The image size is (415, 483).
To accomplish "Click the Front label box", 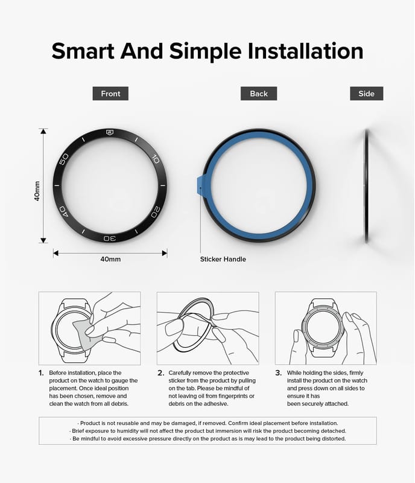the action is pos(110,94).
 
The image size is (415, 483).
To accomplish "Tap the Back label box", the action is pos(259,94).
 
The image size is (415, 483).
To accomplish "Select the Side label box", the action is pos(366,94).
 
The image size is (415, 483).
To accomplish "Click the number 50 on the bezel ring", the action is pos(64,159).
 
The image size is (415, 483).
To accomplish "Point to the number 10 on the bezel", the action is pos(156,159).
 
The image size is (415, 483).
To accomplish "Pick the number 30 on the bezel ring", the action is pos(110,238).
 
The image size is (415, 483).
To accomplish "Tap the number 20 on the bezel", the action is pos(156,212).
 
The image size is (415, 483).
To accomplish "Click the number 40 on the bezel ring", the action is pos(63,212).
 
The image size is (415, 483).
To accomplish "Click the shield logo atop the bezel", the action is pos(110,132).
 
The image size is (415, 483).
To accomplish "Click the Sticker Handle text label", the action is pos(223,259).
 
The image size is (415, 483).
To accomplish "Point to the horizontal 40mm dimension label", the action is pos(110,259).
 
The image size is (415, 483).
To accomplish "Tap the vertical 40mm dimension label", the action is pos(37,191).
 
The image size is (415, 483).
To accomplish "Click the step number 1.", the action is pos(41,373).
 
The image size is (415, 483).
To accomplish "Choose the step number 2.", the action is pos(160,373).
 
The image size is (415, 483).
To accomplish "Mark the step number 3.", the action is pos(278,373).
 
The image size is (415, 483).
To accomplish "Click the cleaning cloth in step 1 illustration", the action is pos(84,335).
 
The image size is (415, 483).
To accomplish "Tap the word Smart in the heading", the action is pos(83,51).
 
